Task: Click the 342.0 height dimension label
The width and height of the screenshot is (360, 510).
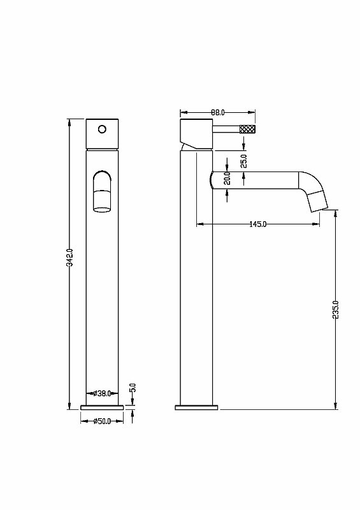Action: click(69, 258)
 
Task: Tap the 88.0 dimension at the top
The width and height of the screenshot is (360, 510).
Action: click(217, 113)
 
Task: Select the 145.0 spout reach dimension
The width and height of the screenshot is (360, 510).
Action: click(258, 224)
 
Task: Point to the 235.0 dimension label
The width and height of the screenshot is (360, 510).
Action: click(336, 310)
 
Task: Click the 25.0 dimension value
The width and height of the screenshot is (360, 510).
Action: click(244, 161)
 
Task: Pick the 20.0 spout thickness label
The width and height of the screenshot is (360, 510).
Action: click(227, 178)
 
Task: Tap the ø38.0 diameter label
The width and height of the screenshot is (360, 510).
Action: click(102, 393)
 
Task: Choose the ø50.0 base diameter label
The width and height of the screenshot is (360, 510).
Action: click(102, 421)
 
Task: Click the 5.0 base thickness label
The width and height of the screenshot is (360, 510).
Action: click(133, 388)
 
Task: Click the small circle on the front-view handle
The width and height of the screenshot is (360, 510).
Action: click(102, 129)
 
